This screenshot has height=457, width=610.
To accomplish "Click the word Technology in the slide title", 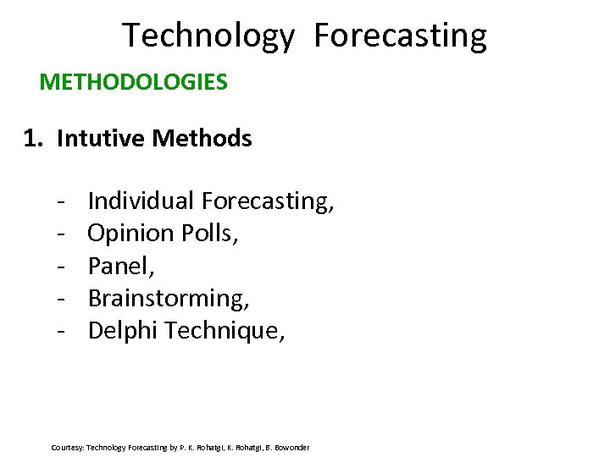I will pos(208,36).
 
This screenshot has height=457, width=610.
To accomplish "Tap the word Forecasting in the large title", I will pos(400,36).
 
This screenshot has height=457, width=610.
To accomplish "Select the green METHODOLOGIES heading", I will pos(134,82).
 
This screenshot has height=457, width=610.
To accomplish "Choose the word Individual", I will pos(141,201).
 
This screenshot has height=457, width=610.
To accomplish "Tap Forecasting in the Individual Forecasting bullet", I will pos(268,201).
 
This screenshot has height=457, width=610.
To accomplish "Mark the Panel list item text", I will pos(120,266).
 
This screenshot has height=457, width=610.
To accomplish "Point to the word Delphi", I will pos(123,330).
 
